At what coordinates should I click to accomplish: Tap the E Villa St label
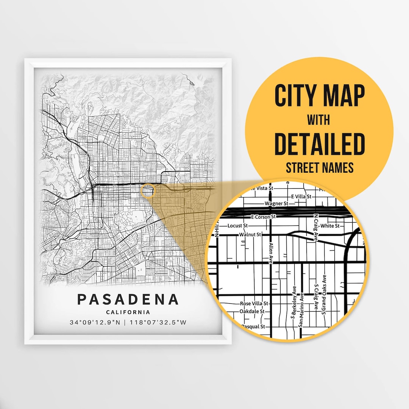(x=301, y=197)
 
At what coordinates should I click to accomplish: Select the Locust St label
(x=237, y=226)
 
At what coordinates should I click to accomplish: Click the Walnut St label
(x=250, y=235)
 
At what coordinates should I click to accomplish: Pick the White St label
(x=330, y=226)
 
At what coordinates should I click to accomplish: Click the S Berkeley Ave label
(x=294, y=303)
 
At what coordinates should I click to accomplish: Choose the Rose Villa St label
(x=254, y=304)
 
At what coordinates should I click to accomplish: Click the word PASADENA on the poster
(x=128, y=299)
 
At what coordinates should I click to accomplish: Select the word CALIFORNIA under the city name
(x=128, y=312)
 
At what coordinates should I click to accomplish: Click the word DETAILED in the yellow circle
(x=319, y=144)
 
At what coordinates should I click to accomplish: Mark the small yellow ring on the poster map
(x=148, y=190)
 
